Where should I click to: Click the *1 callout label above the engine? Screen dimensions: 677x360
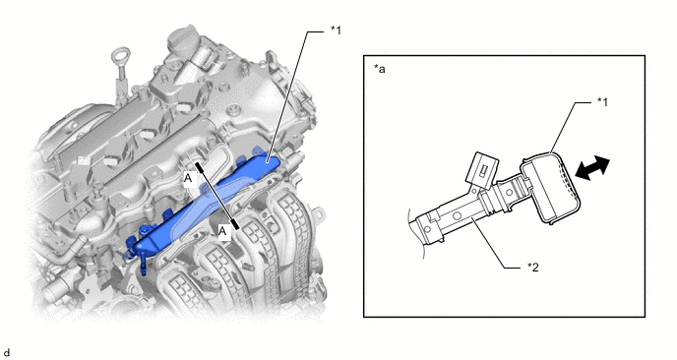coord(336,30)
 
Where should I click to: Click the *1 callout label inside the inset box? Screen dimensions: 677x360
coord(603,102)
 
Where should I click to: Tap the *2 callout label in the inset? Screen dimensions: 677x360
coord(532,268)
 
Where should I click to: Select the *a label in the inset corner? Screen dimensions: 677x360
coord(380,69)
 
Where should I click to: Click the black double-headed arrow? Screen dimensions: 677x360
coord(592,168)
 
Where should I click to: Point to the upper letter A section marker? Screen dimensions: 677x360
coord(188,178)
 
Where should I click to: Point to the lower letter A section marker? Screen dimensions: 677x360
coord(222,231)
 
